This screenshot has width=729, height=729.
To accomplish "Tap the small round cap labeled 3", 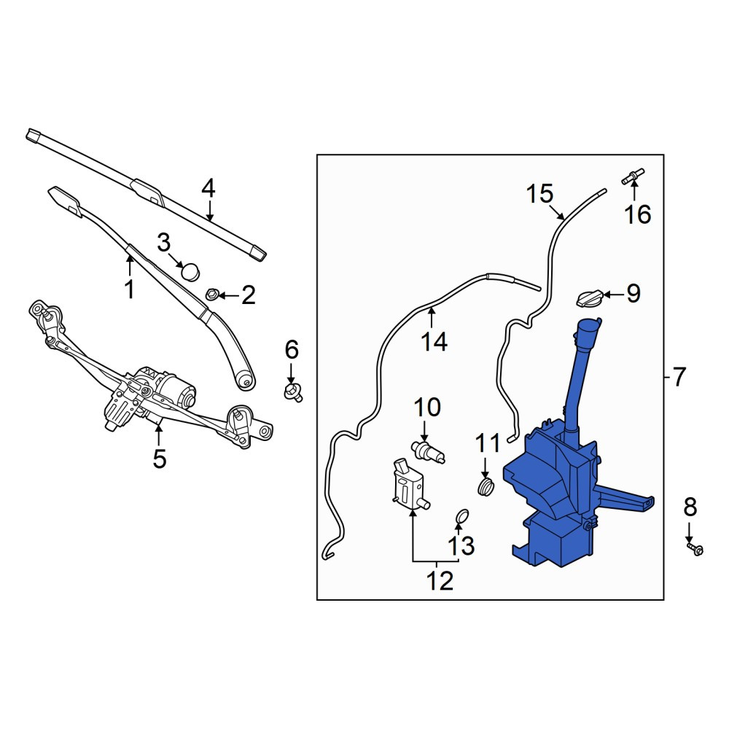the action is click(190, 271).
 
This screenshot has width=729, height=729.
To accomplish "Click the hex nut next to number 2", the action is click(212, 295).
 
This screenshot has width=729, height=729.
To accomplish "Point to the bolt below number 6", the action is click(293, 392).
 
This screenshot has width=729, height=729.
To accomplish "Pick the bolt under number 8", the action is click(695, 549).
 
